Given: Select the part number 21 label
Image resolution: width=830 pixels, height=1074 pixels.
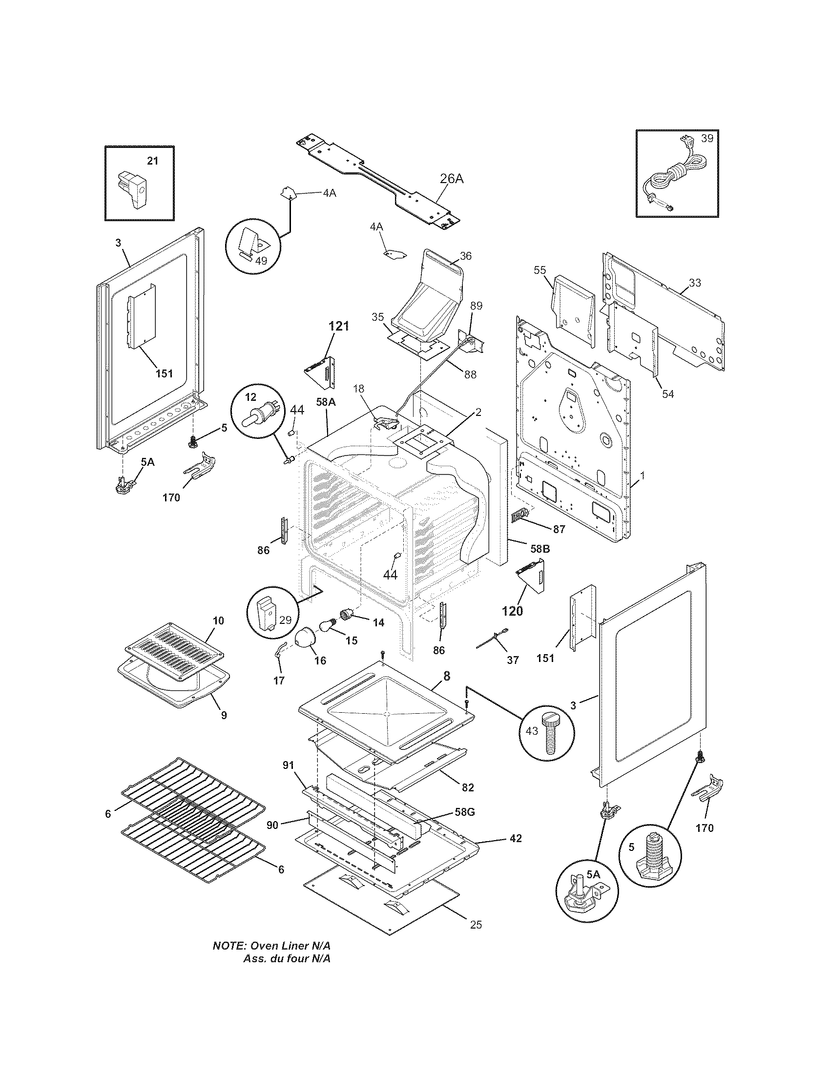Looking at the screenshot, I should (x=153, y=161).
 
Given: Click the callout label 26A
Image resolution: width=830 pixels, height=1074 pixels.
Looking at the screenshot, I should (x=452, y=179).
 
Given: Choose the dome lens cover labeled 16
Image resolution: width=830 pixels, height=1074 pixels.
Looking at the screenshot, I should (x=308, y=640).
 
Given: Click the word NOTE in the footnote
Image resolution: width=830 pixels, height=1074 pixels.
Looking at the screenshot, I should (x=228, y=946).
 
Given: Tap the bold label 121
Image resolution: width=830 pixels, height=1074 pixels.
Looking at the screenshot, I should (x=339, y=326).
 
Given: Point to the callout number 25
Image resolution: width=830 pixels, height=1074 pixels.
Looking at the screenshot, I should (x=476, y=925).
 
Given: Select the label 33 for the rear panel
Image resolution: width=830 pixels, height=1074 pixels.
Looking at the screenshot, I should (x=695, y=283).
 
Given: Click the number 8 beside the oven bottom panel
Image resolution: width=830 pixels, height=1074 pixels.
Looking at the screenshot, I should (x=446, y=676).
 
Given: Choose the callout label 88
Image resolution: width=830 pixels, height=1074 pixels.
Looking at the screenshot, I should (x=470, y=374).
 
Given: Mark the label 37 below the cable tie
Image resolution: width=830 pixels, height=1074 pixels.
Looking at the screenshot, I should (x=513, y=660).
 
